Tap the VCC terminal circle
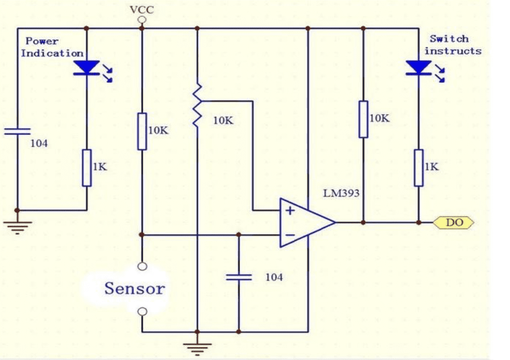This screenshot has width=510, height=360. pos(141,20)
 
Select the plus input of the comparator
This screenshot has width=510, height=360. pos(289,210)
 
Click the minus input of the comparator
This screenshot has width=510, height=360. pos(289,235)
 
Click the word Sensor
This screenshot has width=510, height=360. pos(134,288)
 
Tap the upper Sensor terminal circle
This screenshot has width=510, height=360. pos(142,266)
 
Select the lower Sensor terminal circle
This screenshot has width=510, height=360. pos(142,312)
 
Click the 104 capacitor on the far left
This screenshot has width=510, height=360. pos(17,131)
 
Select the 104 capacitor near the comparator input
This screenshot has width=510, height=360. pos(239,277)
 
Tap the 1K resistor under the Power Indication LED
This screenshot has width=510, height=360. pos(87,167)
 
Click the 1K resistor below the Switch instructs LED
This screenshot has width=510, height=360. pos(418,167)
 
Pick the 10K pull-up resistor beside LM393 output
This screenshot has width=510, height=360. pos(364,119)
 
